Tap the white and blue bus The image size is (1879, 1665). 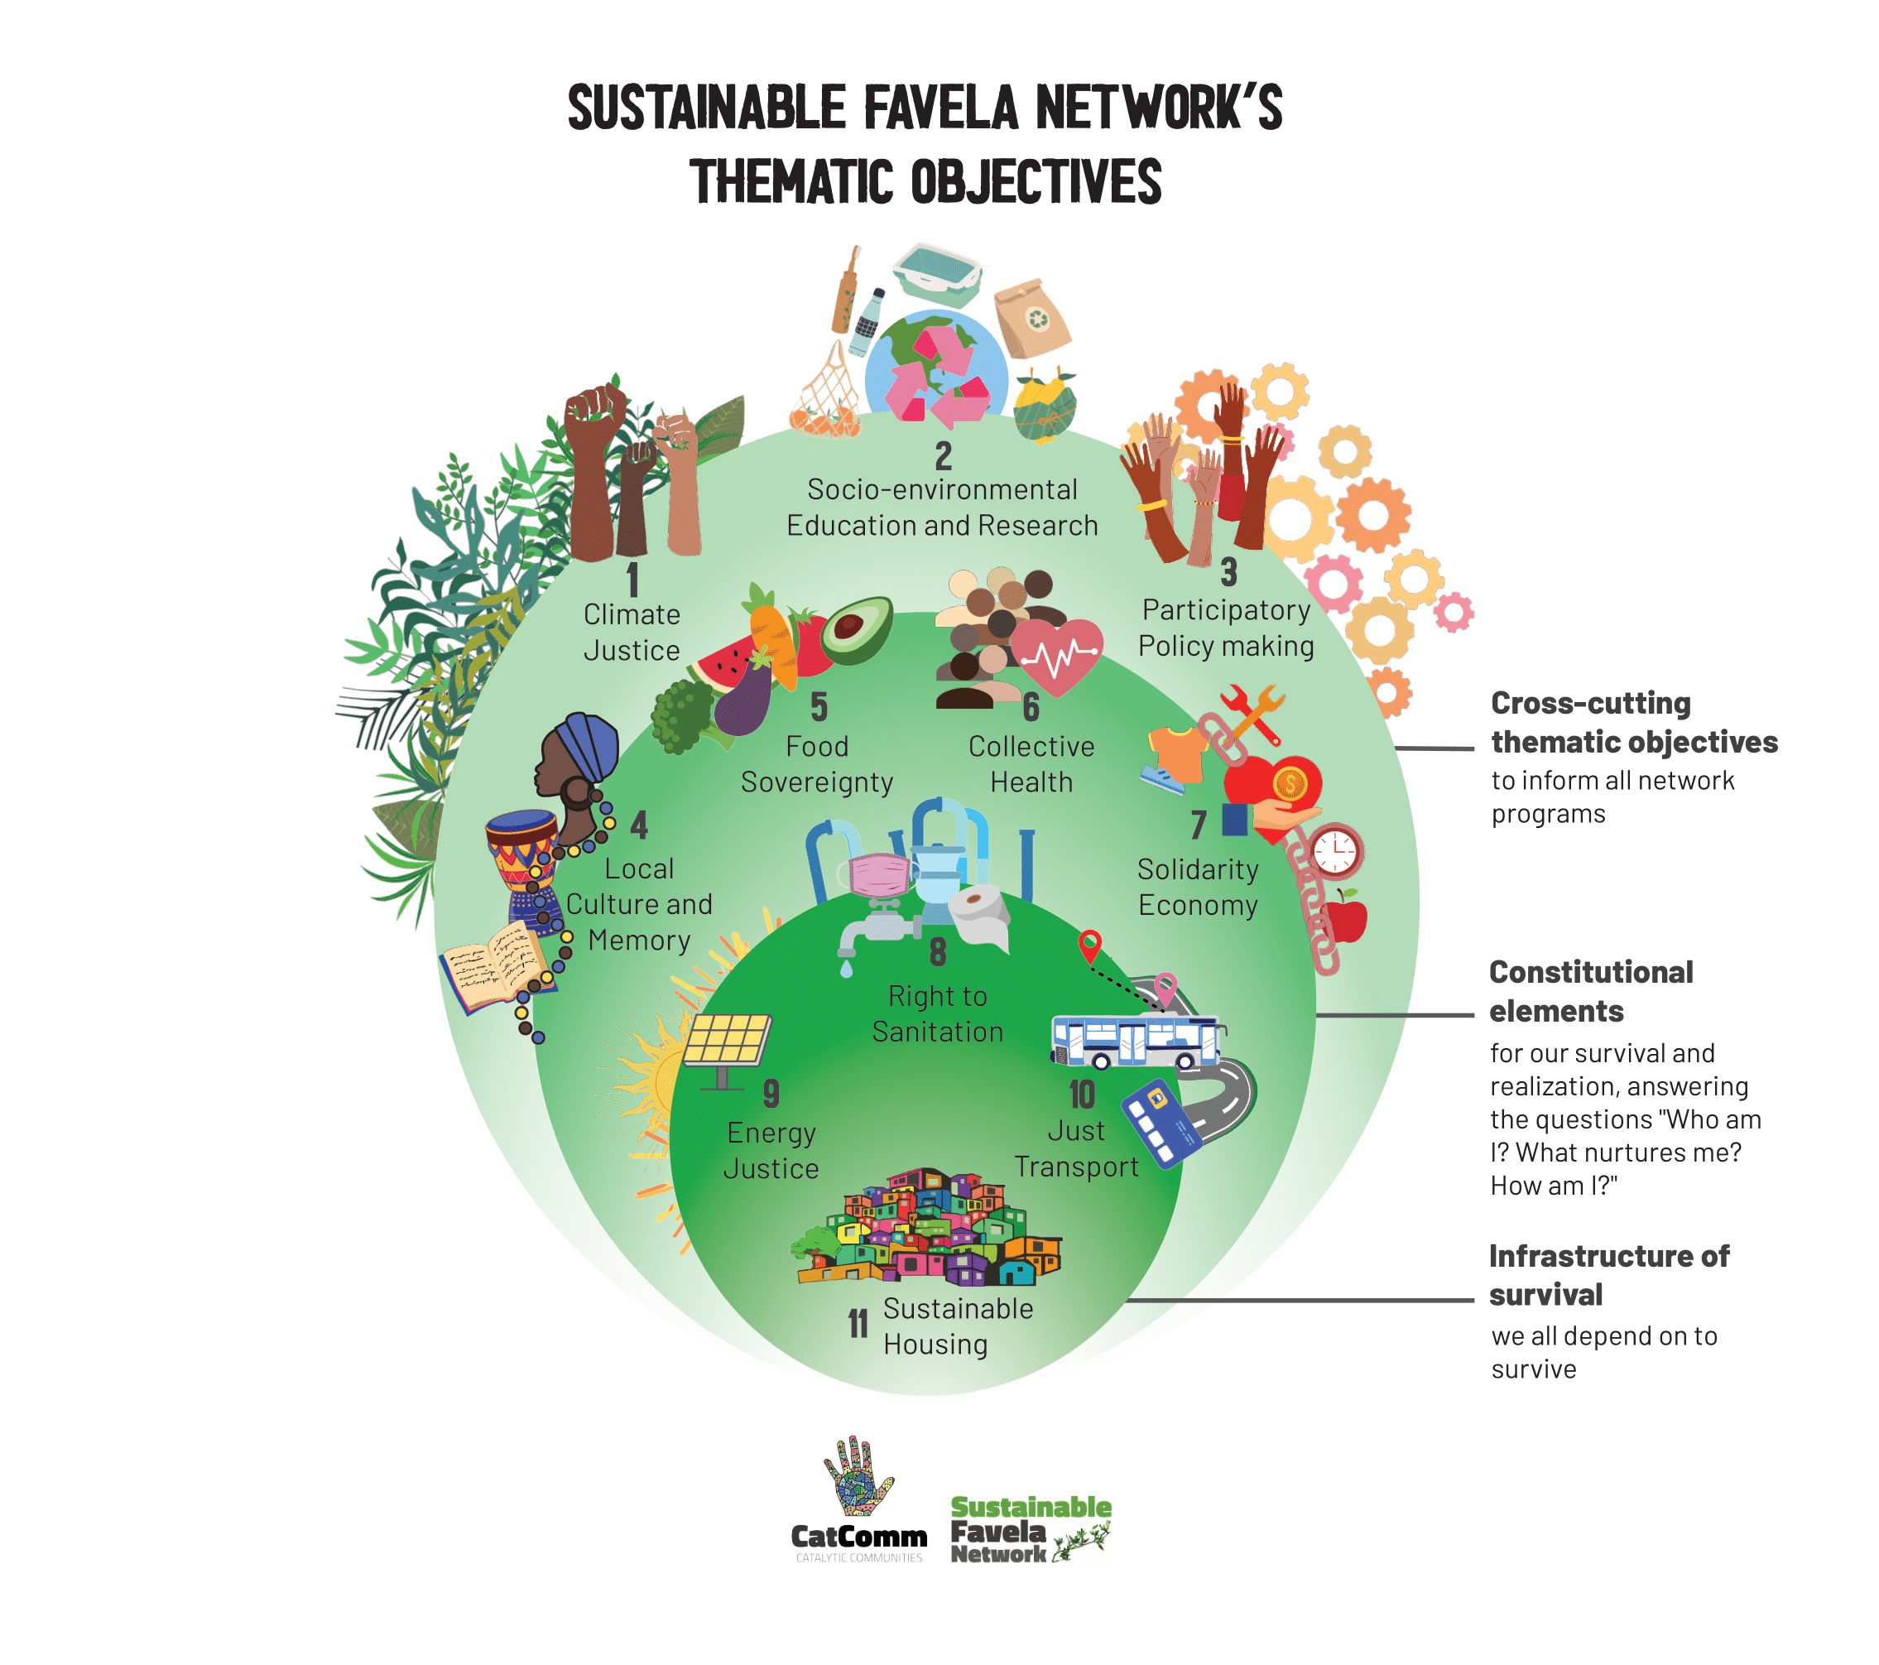click(x=1137, y=1042)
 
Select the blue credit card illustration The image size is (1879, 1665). click(x=1161, y=1124)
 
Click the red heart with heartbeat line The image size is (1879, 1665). click(x=1057, y=654)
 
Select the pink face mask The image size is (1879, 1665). click(x=880, y=874)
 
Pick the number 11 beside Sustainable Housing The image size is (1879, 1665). click(x=858, y=1324)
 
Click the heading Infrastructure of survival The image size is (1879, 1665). click(x=1607, y=1275)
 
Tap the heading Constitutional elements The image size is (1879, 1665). click(x=1590, y=991)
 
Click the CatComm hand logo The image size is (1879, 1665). click(x=858, y=1477)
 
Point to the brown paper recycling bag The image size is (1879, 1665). click(x=1032, y=318)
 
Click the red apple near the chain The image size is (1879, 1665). click(x=1346, y=917)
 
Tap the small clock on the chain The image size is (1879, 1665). click(x=1335, y=850)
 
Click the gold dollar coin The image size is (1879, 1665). click(x=1290, y=783)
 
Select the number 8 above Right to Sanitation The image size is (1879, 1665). click(x=938, y=952)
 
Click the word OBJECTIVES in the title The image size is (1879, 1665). click(x=1036, y=181)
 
